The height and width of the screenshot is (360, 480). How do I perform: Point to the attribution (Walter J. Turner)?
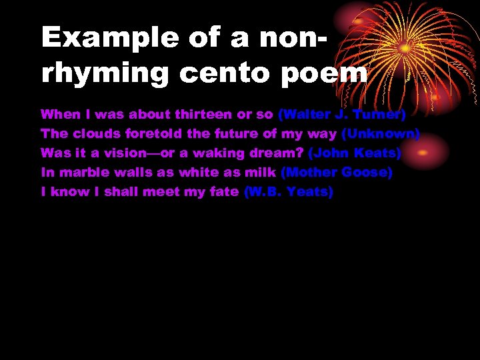341,115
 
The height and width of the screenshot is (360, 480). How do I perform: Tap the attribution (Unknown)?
380,134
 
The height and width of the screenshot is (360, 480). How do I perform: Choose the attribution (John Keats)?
354,153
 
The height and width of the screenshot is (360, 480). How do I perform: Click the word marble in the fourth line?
81,173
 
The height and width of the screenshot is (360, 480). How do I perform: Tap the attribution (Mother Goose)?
337,173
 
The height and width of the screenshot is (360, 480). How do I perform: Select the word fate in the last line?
224,192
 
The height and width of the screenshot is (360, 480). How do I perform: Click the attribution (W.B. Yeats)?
289,192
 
